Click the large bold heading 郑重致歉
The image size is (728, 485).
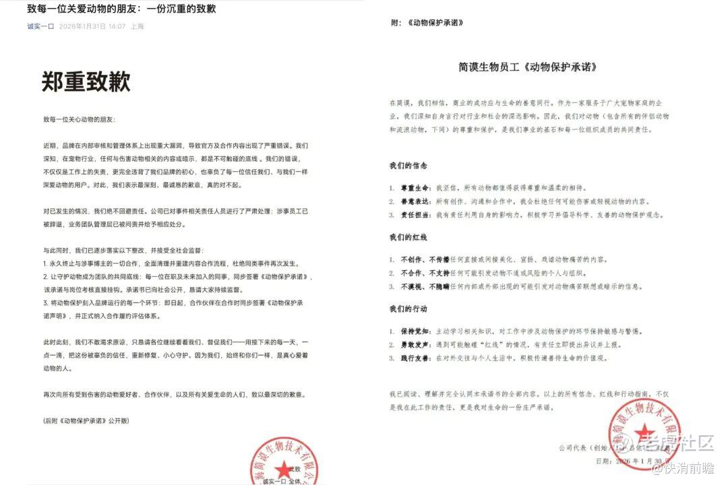point(86,82)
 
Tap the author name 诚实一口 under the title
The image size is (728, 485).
point(40,27)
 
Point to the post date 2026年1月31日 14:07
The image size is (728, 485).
point(92,27)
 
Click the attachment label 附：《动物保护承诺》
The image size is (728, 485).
point(427,23)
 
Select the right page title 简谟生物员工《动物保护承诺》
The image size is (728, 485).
point(528,67)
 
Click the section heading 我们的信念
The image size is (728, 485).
point(408,166)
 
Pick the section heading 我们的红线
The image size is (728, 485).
point(408,238)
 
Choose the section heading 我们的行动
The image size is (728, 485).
point(408,309)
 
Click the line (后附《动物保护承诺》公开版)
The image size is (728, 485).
point(86,421)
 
